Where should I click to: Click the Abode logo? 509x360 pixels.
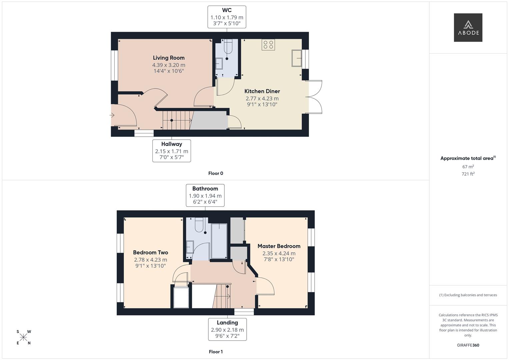(468, 27)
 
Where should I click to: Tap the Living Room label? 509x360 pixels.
(169, 58)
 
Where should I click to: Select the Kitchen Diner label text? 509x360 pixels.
(262, 91)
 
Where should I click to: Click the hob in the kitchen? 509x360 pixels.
(268, 45)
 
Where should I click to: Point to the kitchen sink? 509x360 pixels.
(297, 58)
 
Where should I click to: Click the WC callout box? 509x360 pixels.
(227, 17)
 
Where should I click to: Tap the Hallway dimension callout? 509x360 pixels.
(172, 151)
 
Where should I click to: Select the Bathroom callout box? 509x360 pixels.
(205, 195)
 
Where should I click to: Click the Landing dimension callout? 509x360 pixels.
(227, 329)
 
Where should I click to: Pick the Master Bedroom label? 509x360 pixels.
(279, 246)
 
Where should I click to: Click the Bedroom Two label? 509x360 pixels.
(150, 253)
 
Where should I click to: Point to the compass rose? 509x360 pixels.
(24, 337)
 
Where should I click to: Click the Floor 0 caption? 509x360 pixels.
(216, 173)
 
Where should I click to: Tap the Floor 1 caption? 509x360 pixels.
(216, 352)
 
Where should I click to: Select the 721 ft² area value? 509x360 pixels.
(468, 174)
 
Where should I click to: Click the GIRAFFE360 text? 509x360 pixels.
(468, 345)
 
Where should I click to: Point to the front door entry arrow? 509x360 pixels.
(112, 115)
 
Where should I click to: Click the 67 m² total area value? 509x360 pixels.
(468, 167)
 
